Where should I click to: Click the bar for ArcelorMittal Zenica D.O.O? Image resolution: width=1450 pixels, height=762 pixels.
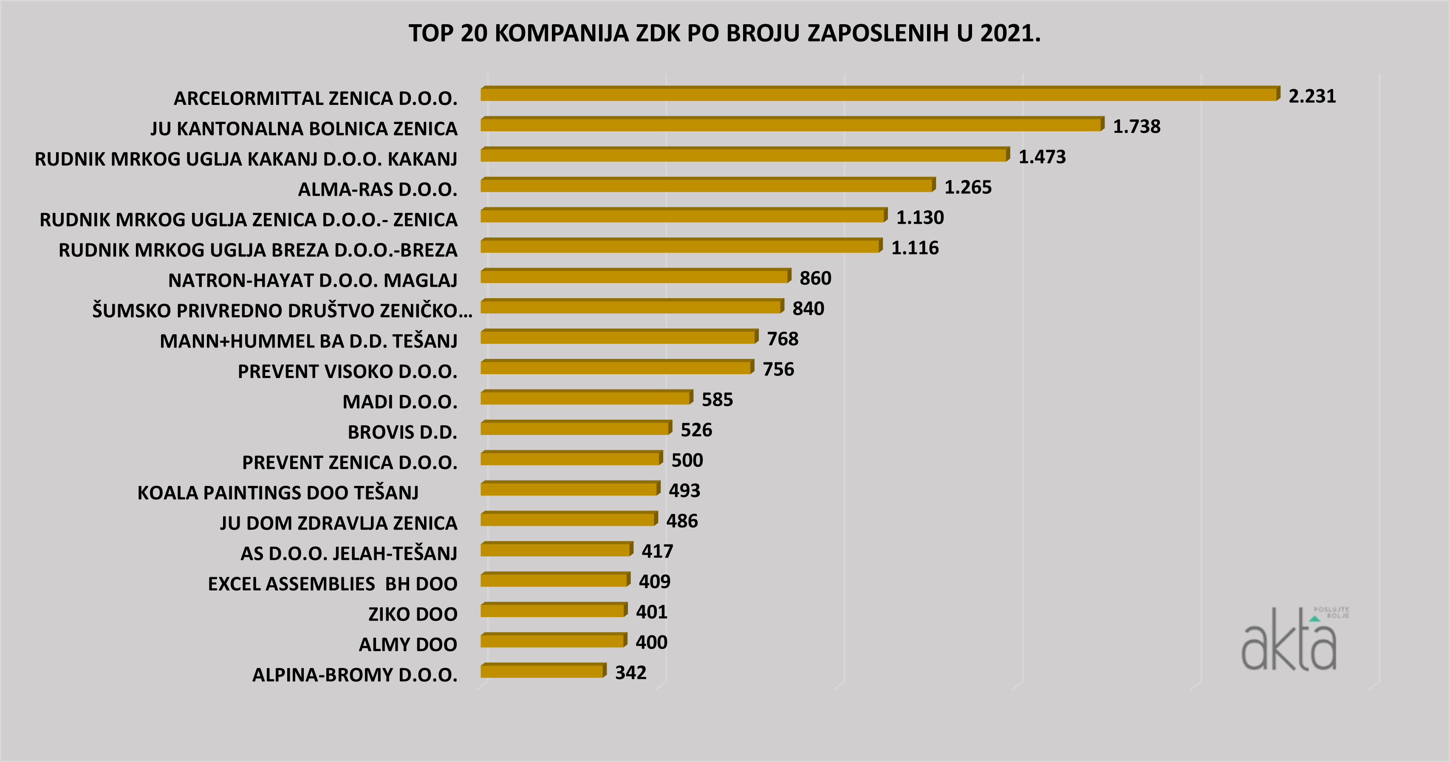point(878,95)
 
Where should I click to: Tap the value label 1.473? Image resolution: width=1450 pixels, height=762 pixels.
point(1042,157)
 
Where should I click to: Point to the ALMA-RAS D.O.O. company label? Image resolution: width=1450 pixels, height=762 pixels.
point(377,190)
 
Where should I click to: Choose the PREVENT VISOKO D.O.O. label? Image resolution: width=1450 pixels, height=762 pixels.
point(347,371)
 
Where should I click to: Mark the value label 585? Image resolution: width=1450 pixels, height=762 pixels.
point(717,400)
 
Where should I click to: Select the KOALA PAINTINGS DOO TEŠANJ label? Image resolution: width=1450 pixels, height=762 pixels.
point(278,493)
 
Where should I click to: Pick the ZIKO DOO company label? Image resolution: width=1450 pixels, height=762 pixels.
point(413,615)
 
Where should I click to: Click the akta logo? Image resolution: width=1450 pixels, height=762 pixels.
point(1292,641)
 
